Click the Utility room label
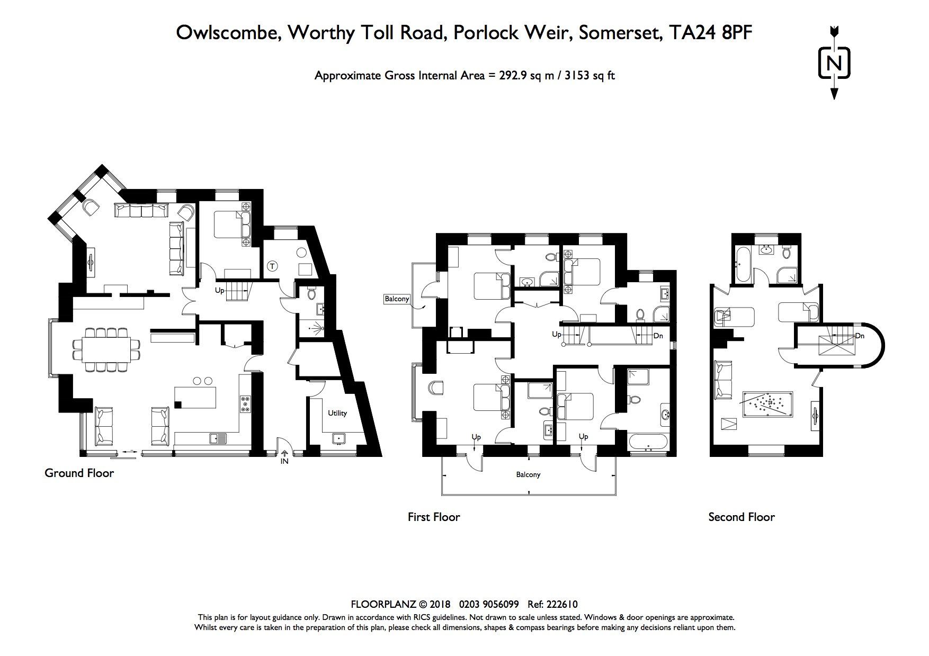click(337, 413)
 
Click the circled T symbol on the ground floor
click(272, 266)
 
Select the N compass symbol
click(834, 63)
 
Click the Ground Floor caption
click(79, 473)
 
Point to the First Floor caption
click(434, 517)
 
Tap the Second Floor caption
click(742, 517)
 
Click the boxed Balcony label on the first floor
click(397, 299)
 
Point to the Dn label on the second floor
click(860, 336)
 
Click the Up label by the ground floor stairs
click(219, 291)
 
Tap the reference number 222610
click(563, 604)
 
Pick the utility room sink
click(337, 439)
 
